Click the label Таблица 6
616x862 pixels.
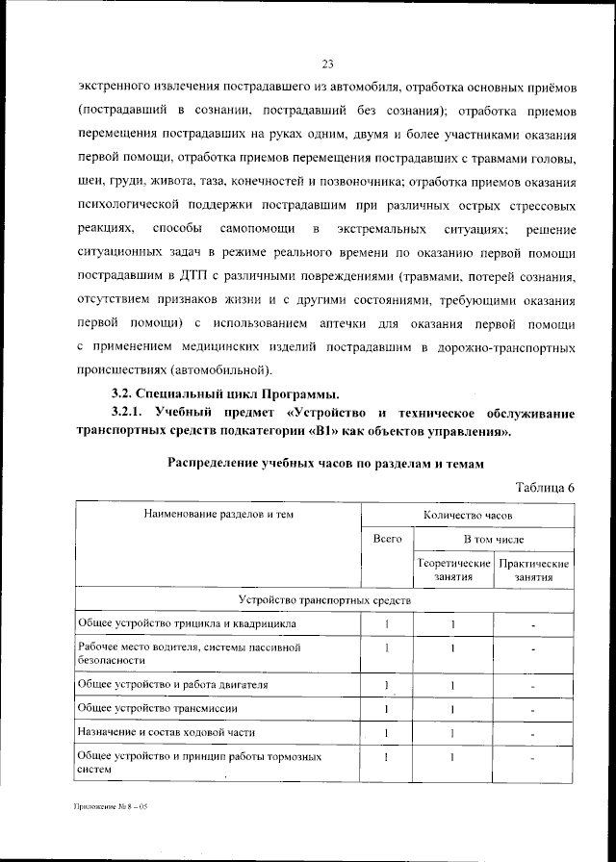click(546, 487)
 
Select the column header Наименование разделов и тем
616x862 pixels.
click(218, 515)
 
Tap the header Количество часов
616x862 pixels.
click(467, 515)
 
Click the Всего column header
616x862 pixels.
click(386, 540)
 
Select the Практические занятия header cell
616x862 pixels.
click(533, 570)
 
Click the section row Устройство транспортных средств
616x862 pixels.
click(324, 600)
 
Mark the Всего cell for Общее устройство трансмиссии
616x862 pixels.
click(386, 709)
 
